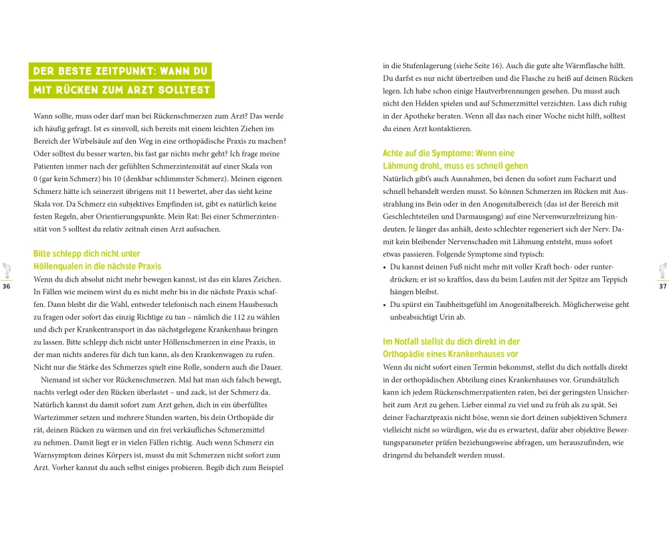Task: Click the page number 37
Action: tap(663, 287)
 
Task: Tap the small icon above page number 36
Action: tap(7, 270)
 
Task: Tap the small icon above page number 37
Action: tap(663, 270)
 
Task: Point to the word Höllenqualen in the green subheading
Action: tap(60, 266)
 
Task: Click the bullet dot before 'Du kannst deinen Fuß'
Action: tap(385, 267)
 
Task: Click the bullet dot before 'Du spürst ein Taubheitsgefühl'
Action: tap(385, 304)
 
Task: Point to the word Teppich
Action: tap(613, 280)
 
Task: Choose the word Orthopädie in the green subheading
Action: tap(404, 354)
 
